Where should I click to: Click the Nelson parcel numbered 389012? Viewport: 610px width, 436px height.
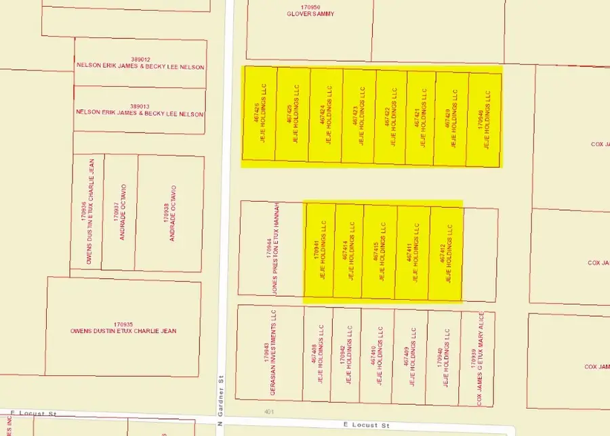click(x=140, y=63)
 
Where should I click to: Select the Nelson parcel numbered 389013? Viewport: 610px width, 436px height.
click(x=140, y=110)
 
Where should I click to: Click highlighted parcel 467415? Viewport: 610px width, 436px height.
click(x=379, y=252)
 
